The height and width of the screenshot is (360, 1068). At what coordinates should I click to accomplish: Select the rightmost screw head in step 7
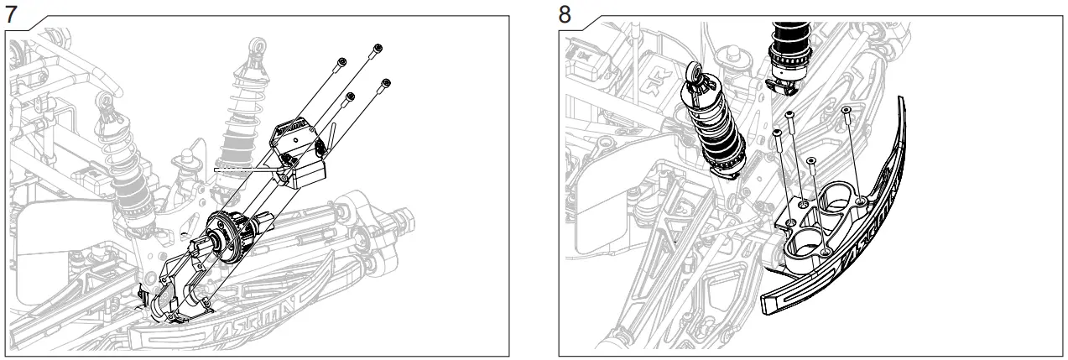click(386, 83)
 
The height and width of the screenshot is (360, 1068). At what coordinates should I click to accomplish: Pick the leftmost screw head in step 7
click(341, 61)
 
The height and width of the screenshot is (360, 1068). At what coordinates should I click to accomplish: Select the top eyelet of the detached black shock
click(695, 73)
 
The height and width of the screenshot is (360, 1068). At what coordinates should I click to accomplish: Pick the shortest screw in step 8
click(811, 160)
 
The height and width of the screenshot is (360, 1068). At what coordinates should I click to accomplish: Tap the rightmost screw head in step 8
click(846, 109)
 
